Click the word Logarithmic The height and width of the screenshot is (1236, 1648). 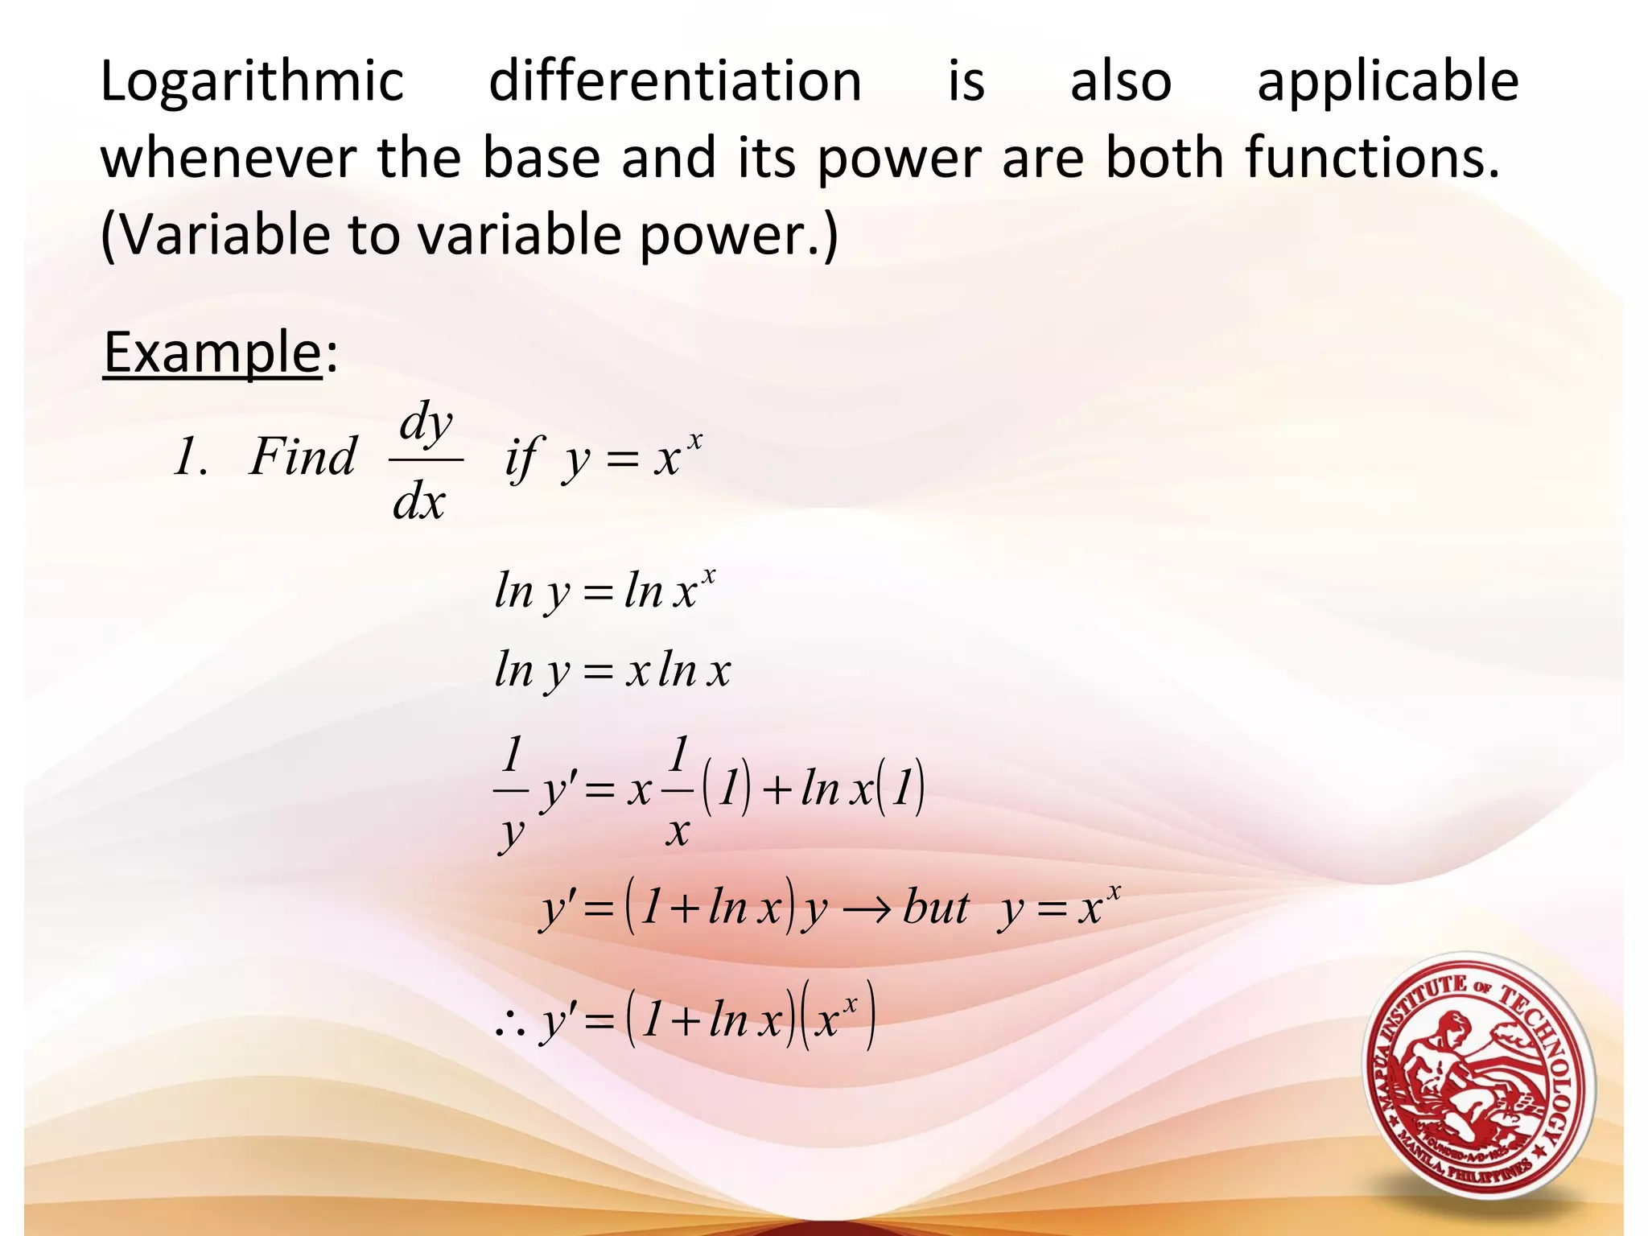click(251, 83)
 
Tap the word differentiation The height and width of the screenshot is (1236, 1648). click(674, 81)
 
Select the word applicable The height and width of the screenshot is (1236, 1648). click(1387, 83)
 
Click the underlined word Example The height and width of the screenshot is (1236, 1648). click(212, 353)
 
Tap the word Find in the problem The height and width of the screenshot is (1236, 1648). click(302, 457)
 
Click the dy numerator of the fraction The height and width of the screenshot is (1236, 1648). click(426, 422)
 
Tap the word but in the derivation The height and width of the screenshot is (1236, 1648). click(936, 908)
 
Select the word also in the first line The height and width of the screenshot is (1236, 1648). click(1120, 81)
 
